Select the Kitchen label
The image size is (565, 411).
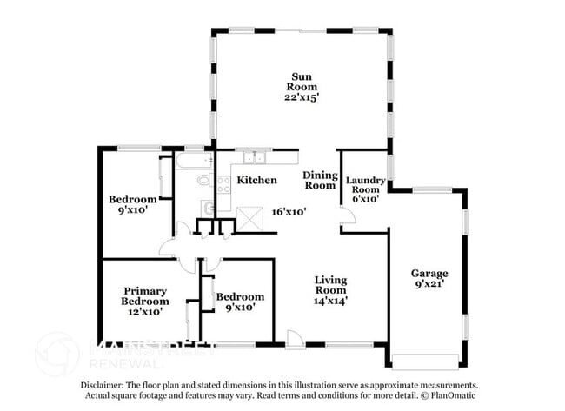click(x=257, y=180)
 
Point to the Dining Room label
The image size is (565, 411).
click(x=320, y=180)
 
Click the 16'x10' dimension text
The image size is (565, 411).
click(x=289, y=211)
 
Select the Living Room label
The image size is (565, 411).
click(x=330, y=285)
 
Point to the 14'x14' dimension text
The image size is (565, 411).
click(x=330, y=302)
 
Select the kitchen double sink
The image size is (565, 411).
click(x=255, y=157)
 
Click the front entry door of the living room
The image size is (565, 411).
click(x=295, y=340)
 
